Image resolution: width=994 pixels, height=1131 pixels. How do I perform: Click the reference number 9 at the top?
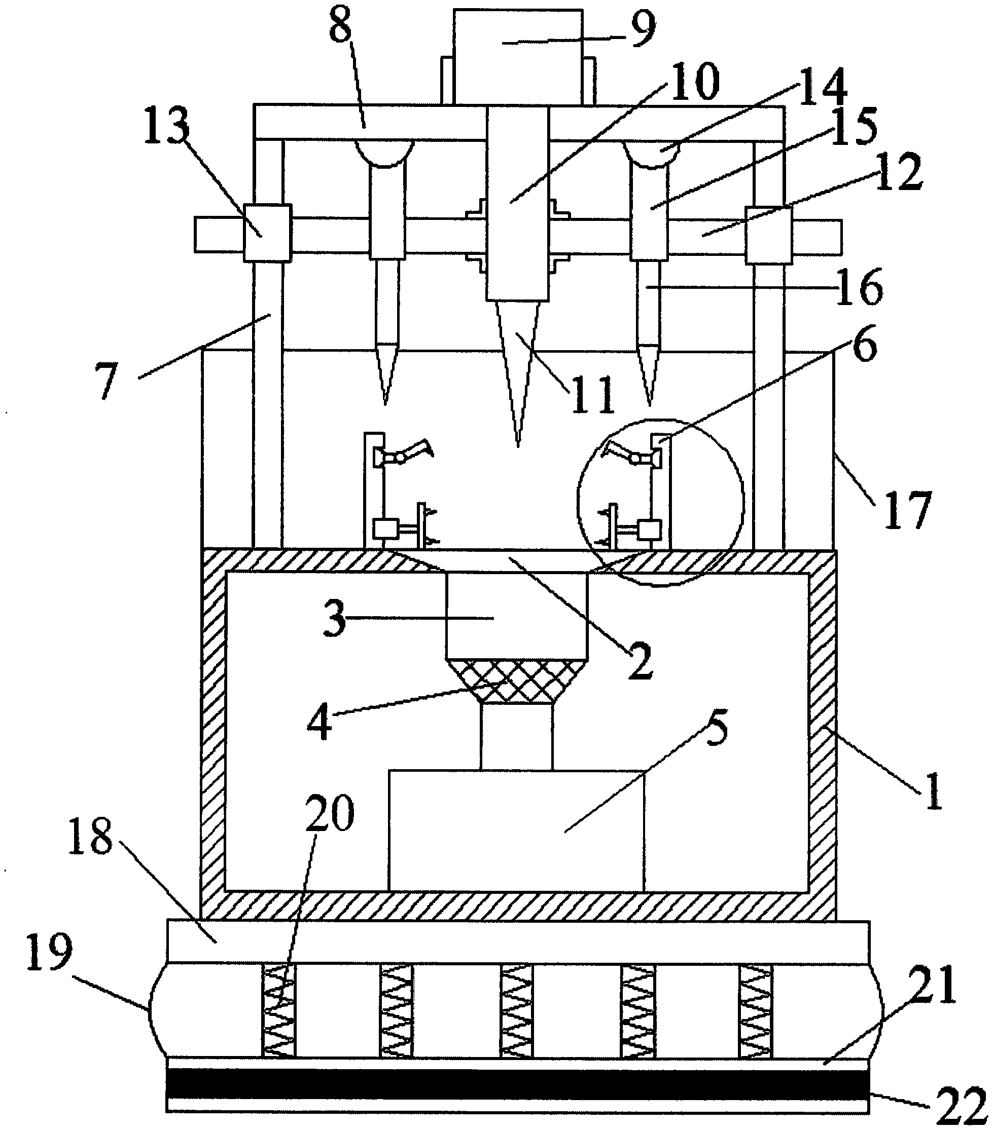click(641, 29)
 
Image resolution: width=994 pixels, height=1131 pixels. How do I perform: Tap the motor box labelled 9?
click(517, 55)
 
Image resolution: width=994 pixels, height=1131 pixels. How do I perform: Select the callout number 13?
click(166, 125)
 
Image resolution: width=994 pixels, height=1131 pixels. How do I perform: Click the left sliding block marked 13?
click(267, 233)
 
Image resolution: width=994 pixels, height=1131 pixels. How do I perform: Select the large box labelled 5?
click(516, 830)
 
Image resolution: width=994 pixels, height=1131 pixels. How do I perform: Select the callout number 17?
click(907, 510)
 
